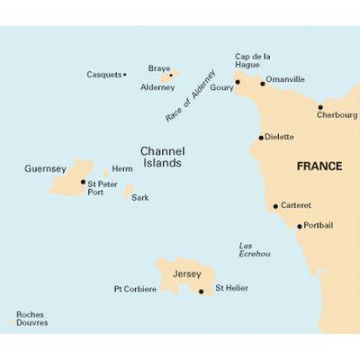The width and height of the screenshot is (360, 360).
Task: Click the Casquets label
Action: tap(103, 75)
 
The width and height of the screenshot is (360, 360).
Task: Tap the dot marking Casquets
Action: tap(124, 75)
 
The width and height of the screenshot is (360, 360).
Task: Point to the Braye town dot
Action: tap(171, 76)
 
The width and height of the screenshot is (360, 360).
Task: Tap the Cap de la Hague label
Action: tap(252, 60)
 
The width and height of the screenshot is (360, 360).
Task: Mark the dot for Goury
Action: tap(237, 83)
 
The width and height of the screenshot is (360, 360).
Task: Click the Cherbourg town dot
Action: tap(319, 107)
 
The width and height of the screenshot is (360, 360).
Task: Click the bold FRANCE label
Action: tap(320, 166)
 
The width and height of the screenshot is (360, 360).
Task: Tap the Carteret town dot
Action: tap(275, 206)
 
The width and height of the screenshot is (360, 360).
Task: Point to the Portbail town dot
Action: tap(299, 225)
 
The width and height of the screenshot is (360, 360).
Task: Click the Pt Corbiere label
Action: tap(135, 289)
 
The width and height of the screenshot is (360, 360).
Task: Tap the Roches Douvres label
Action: tap(31, 318)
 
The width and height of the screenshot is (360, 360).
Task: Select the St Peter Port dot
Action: tap(84, 182)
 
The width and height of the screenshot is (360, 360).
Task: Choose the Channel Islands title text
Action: tap(162, 157)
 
